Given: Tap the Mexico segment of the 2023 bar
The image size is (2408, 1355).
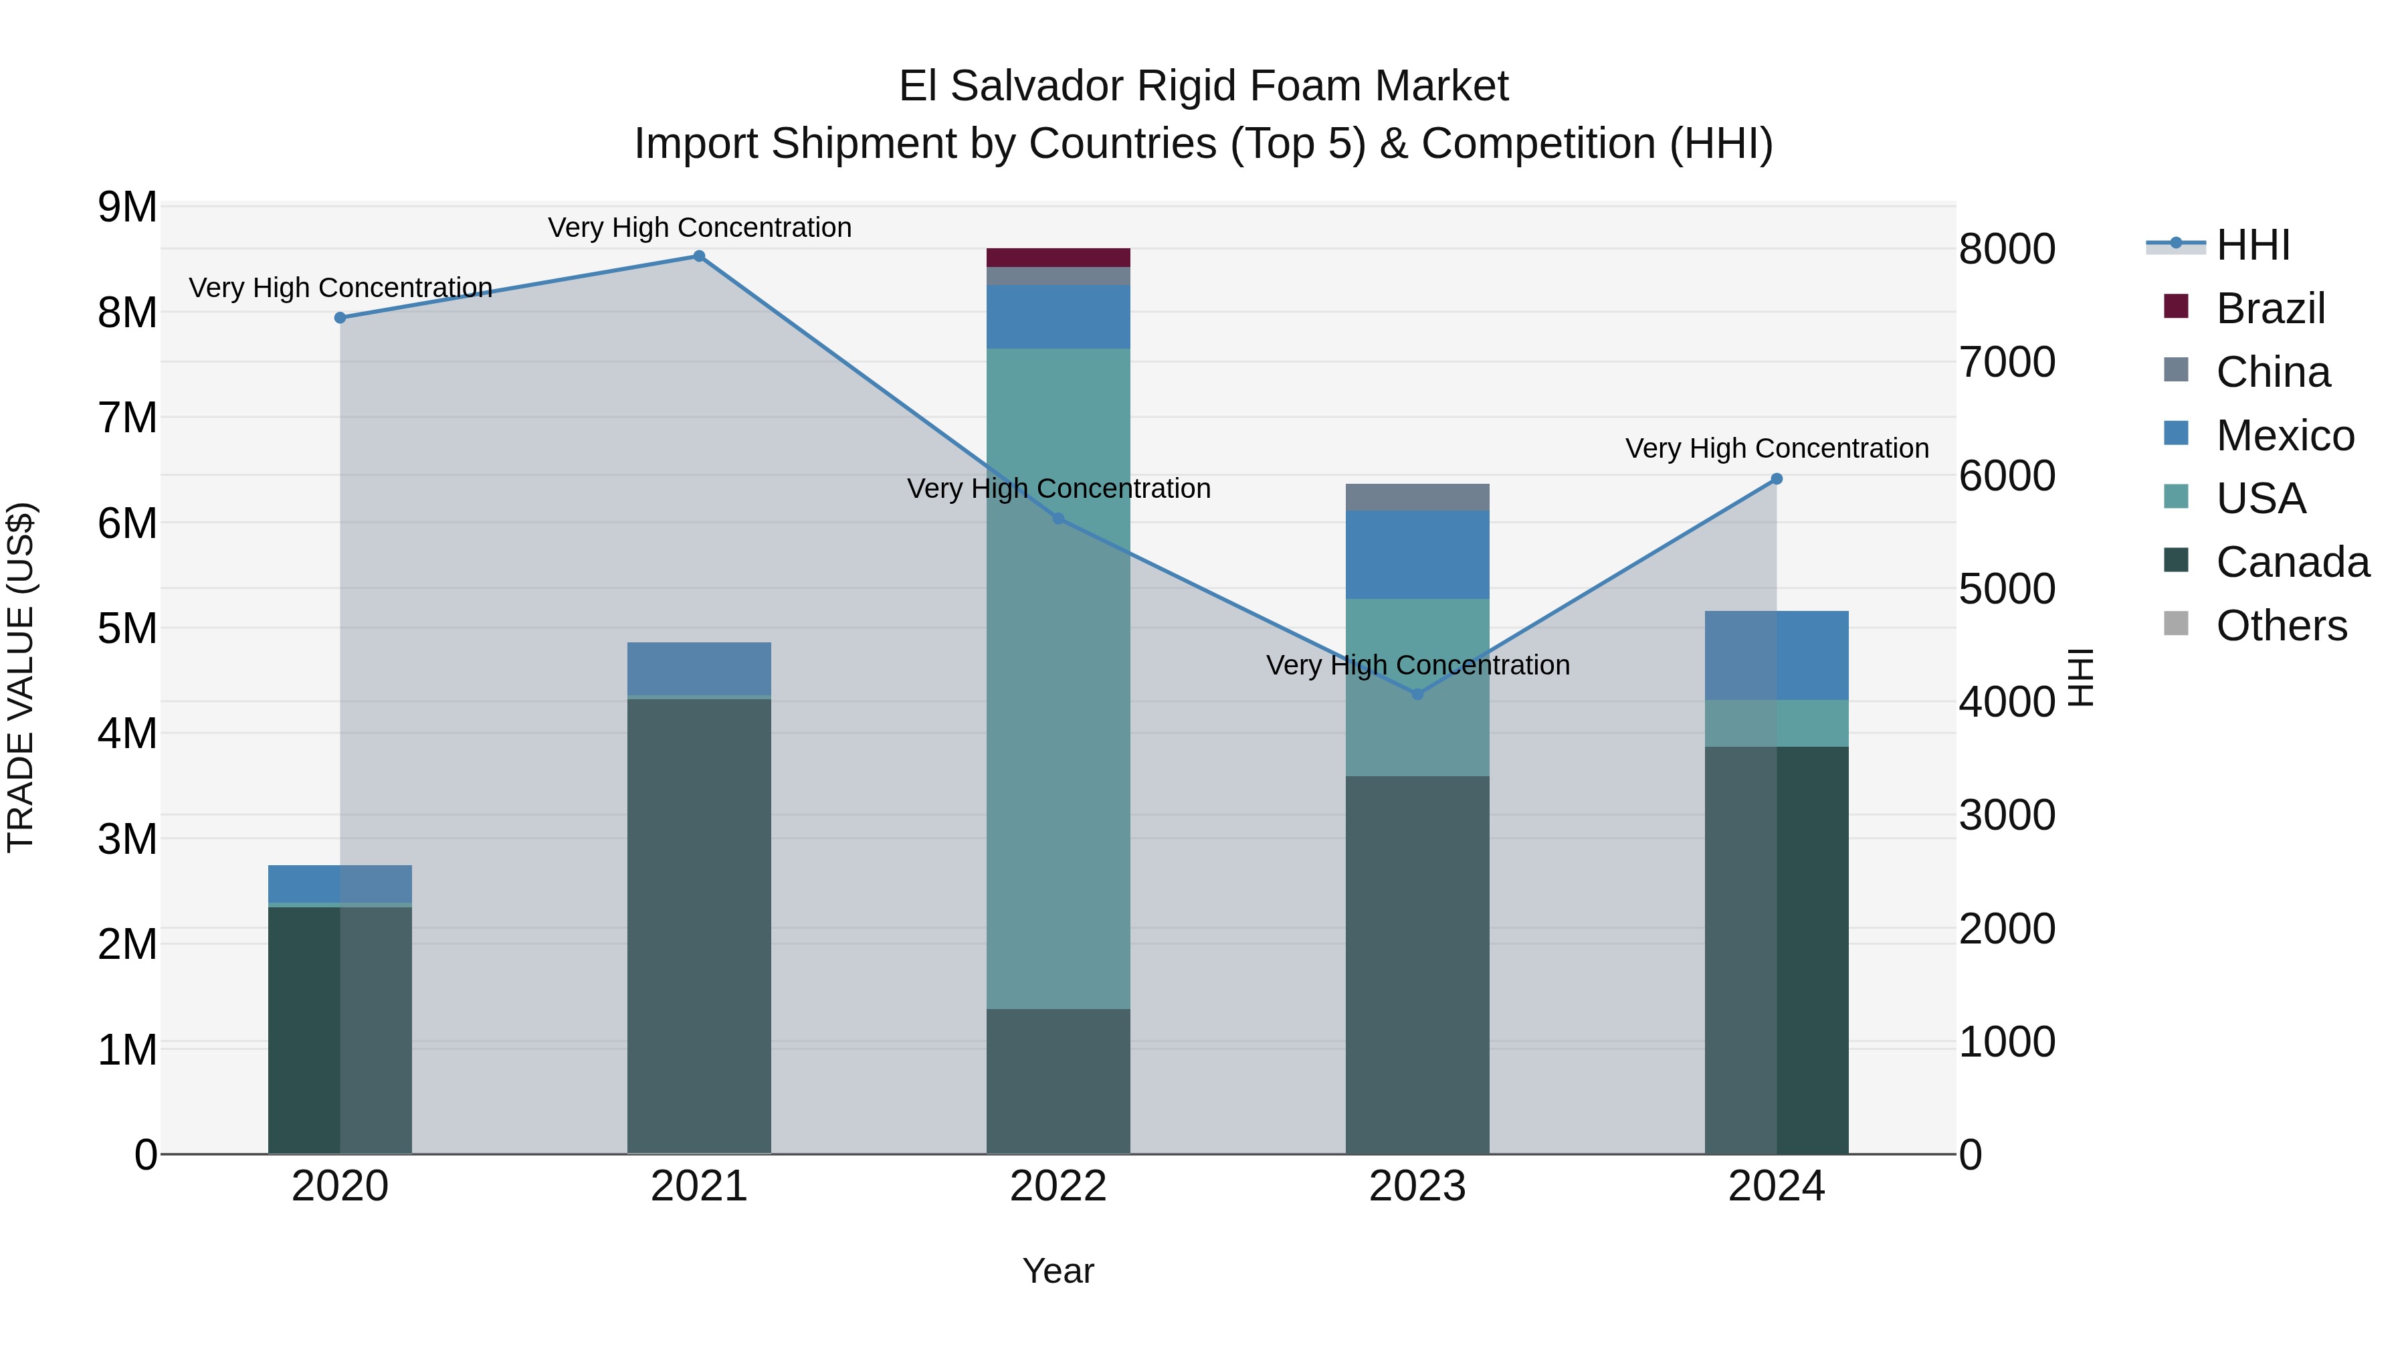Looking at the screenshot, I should [x=1417, y=555].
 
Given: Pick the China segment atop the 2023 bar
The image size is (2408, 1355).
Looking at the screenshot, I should [x=1417, y=496].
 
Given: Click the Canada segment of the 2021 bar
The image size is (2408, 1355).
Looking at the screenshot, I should [x=699, y=926].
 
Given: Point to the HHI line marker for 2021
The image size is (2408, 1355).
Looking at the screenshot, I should [x=699, y=256].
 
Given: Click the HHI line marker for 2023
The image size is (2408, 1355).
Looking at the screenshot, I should [x=1417, y=694].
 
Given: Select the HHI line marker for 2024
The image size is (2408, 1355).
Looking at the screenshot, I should [x=1777, y=479].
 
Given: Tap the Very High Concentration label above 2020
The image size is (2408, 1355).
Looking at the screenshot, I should [x=340, y=287].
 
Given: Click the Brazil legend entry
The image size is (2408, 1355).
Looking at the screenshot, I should [x=2270, y=308].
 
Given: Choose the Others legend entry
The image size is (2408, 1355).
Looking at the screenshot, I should [x=2281, y=626].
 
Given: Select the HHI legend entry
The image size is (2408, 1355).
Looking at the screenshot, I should [x=2253, y=245].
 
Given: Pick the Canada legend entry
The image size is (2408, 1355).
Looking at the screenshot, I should [x=2292, y=562].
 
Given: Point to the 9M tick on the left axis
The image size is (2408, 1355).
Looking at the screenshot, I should [x=127, y=207].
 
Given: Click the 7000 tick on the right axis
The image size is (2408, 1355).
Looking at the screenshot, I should [x=2007, y=362].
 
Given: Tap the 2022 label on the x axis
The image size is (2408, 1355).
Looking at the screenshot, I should [x=1058, y=1186].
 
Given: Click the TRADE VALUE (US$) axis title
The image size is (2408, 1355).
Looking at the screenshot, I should [x=21, y=677].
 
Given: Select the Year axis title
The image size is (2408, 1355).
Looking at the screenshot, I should [x=1058, y=1271].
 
